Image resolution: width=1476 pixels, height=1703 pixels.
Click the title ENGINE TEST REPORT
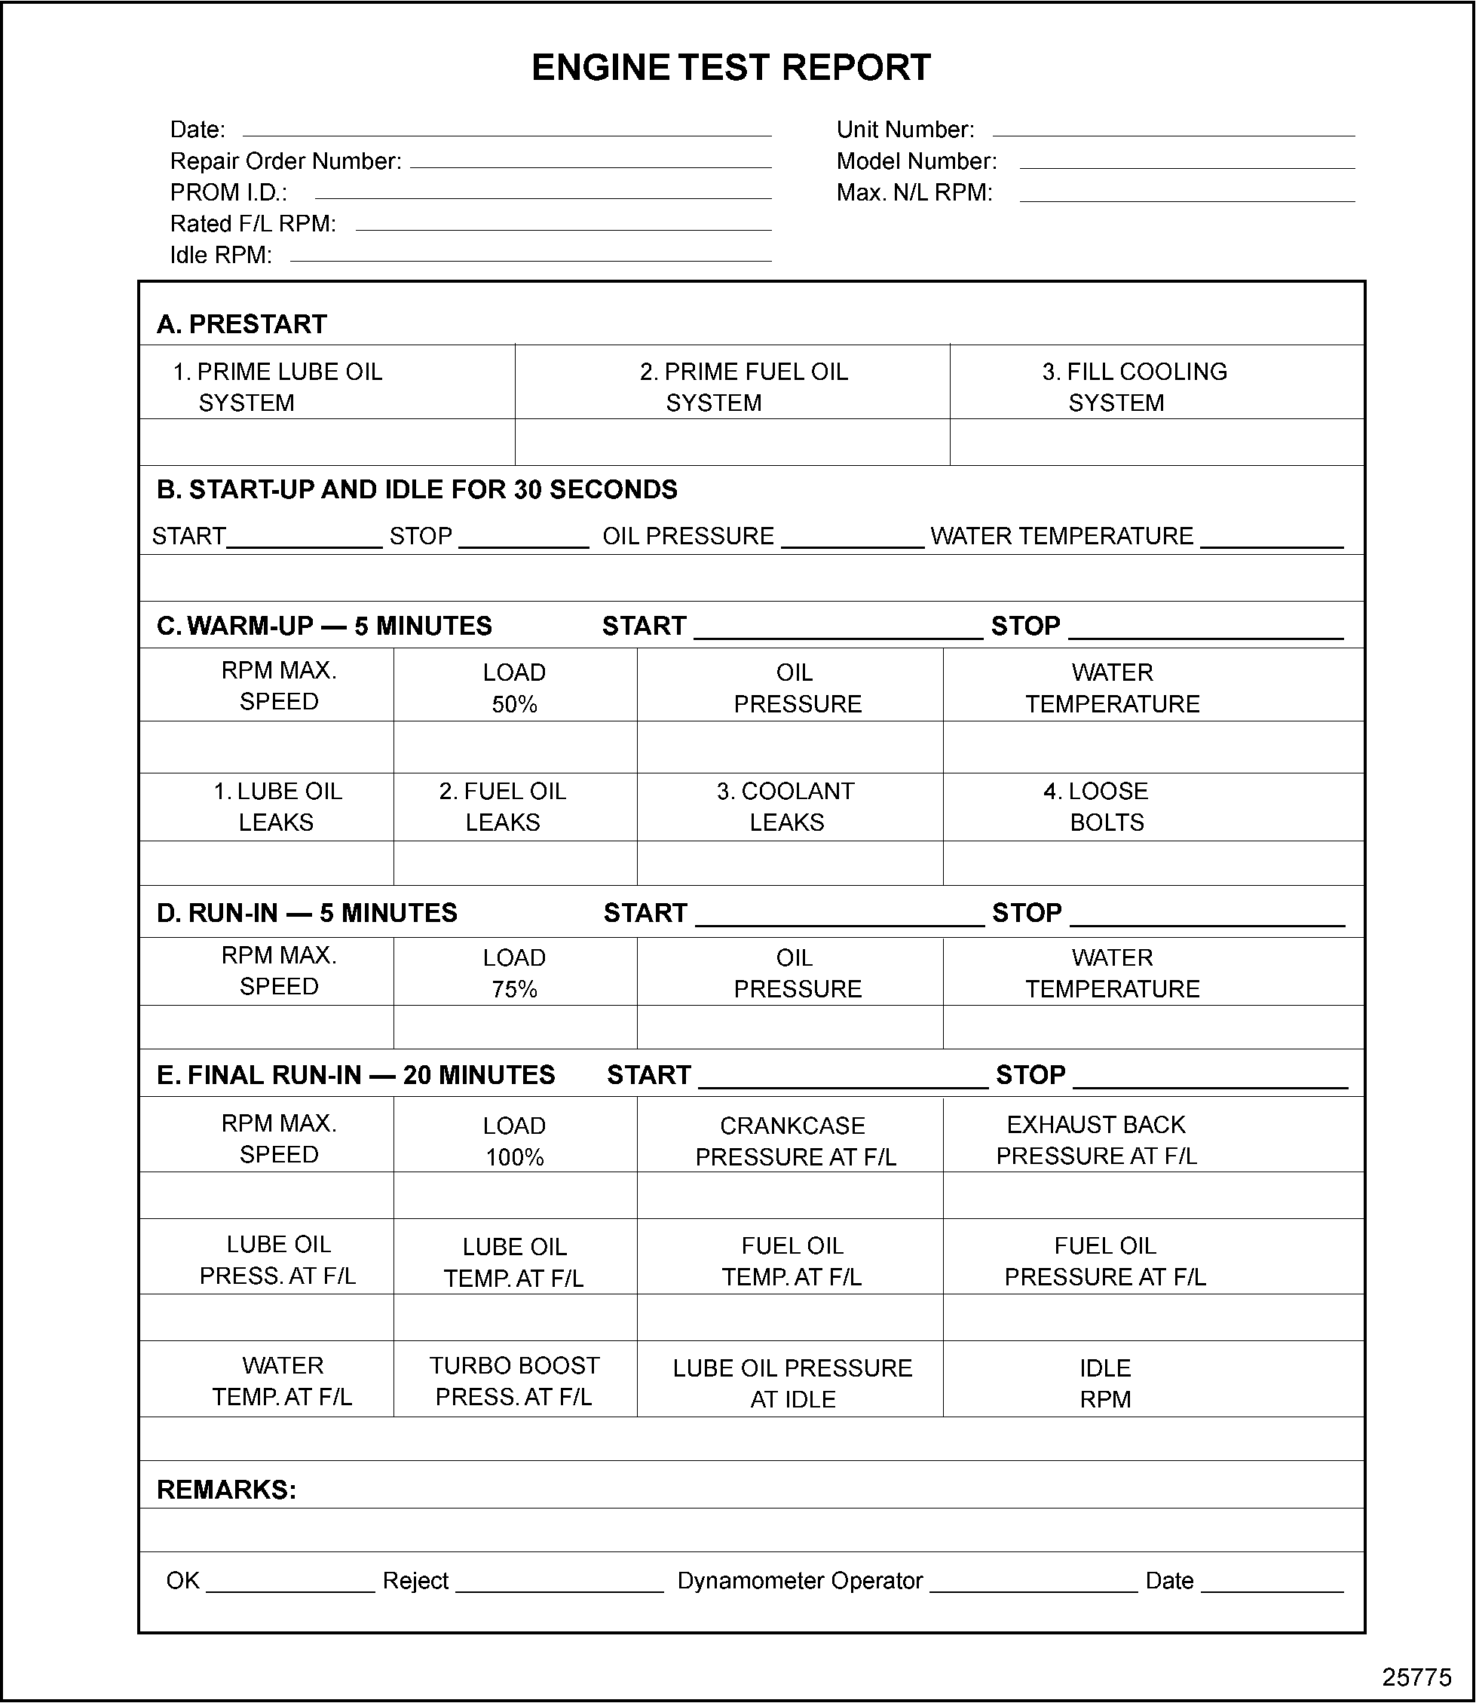[x=730, y=68]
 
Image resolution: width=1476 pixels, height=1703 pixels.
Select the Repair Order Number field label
[x=286, y=161]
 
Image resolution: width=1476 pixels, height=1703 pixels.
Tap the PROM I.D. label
[x=228, y=193]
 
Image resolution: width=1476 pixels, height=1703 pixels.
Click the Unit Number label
[x=905, y=130]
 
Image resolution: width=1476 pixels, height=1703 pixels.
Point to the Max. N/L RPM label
[x=914, y=193]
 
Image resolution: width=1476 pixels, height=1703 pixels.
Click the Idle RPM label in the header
[x=221, y=256]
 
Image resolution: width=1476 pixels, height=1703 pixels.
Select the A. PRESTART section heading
[x=241, y=324]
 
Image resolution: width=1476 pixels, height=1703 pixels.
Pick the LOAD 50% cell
[x=514, y=688]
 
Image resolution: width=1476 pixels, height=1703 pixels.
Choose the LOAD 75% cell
[x=514, y=972]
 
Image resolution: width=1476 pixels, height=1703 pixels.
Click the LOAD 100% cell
[x=514, y=1141]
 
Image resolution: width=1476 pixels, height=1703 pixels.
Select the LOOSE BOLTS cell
[x=1106, y=806]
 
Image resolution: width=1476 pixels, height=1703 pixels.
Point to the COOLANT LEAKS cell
[x=785, y=806]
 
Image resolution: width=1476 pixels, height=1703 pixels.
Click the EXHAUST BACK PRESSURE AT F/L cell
[x=1095, y=1140]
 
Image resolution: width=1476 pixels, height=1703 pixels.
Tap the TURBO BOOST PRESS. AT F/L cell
[x=514, y=1381]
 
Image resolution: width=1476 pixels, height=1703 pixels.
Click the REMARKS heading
[x=226, y=1490]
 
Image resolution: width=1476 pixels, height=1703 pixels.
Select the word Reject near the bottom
[x=415, y=1580]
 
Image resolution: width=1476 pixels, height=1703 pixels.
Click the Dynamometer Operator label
[x=800, y=1580]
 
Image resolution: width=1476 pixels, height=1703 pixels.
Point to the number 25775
[x=1416, y=1678]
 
